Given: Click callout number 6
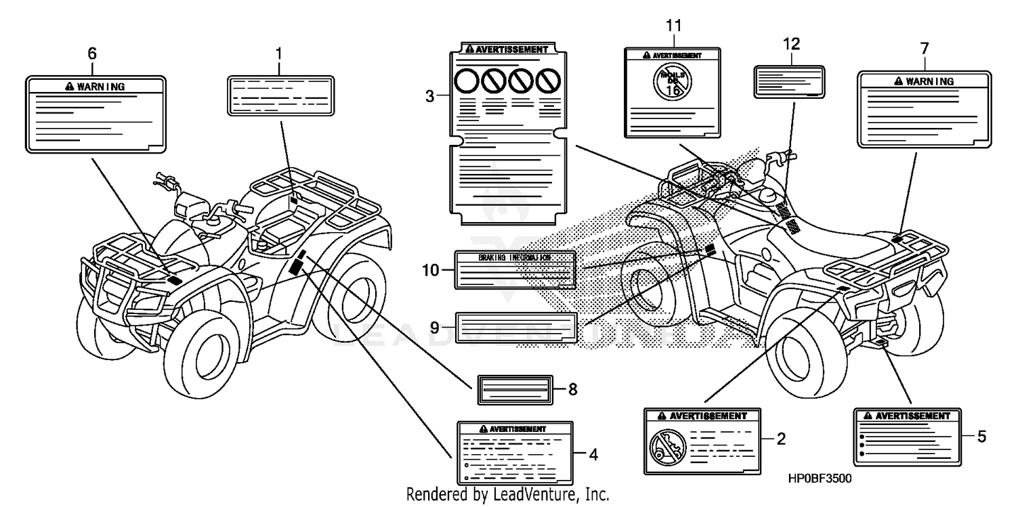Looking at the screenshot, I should coord(93,53).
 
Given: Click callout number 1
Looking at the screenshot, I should coord(278,53).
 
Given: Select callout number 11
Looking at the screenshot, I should coord(673,26).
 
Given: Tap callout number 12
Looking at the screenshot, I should coord(791,44).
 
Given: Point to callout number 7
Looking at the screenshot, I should coord(925,49).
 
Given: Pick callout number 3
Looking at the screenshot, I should coord(429,97).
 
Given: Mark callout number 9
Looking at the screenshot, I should coord(434,326).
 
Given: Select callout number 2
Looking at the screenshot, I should coord(780,439).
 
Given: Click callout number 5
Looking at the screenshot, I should coord(981,437).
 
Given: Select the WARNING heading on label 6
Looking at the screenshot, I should coord(95,87).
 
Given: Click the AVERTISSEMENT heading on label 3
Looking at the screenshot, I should coord(507,49).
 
